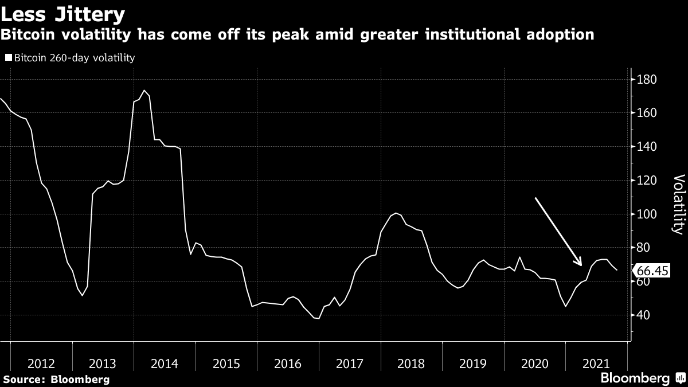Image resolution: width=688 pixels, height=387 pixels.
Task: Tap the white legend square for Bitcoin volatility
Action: (x=8, y=58)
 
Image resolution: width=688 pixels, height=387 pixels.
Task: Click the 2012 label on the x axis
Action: (x=41, y=363)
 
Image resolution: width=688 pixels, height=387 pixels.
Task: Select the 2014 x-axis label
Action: (x=165, y=363)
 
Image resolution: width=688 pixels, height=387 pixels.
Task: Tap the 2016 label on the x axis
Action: (x=288, y=363)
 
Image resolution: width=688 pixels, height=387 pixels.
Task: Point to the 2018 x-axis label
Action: (x=411, y=363)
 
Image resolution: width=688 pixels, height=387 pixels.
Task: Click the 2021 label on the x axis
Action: (x=596, y=363)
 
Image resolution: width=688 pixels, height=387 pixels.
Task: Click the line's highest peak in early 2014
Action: (x=144, y=91)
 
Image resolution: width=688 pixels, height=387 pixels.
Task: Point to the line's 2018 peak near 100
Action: (x=397, y=213)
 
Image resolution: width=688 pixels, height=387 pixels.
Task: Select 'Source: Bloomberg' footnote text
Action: (x=56, y=379)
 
